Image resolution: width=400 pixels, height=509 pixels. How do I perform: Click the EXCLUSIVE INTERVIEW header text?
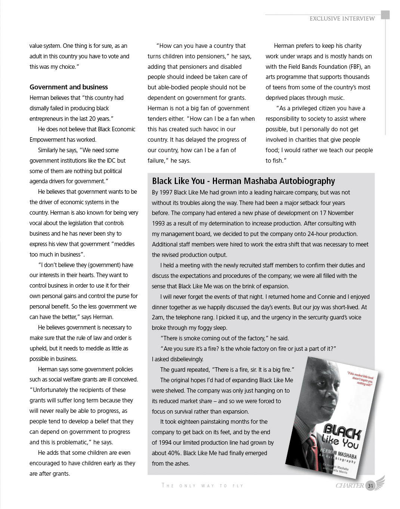point(342,19)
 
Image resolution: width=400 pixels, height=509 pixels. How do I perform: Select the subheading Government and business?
point(69,87)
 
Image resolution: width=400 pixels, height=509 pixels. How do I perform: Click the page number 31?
point(370,486)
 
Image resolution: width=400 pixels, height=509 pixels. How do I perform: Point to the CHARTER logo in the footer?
point(350,485)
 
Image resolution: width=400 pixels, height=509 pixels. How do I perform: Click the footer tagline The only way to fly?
point(202,486)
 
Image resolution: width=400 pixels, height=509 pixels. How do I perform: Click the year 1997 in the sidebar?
point(166,193)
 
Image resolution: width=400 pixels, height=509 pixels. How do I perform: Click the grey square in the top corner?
point(385,15)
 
